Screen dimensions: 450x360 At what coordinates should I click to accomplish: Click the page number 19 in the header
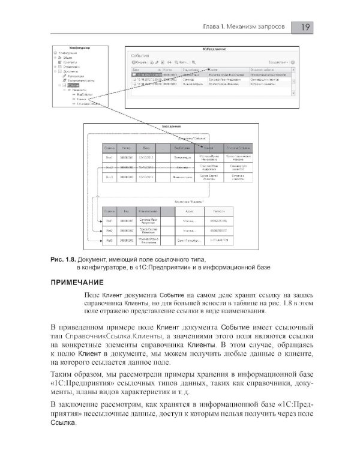305,28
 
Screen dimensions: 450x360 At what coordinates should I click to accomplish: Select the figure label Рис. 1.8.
62,259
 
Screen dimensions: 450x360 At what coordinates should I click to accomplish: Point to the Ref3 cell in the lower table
109,240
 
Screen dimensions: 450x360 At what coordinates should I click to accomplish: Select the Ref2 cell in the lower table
109,230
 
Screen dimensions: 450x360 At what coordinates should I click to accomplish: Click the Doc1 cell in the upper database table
109,157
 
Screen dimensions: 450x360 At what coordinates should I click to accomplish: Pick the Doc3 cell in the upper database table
109,178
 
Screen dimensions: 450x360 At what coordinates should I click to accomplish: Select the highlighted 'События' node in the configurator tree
73,86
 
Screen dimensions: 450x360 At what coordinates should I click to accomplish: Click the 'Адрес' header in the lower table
188,211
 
